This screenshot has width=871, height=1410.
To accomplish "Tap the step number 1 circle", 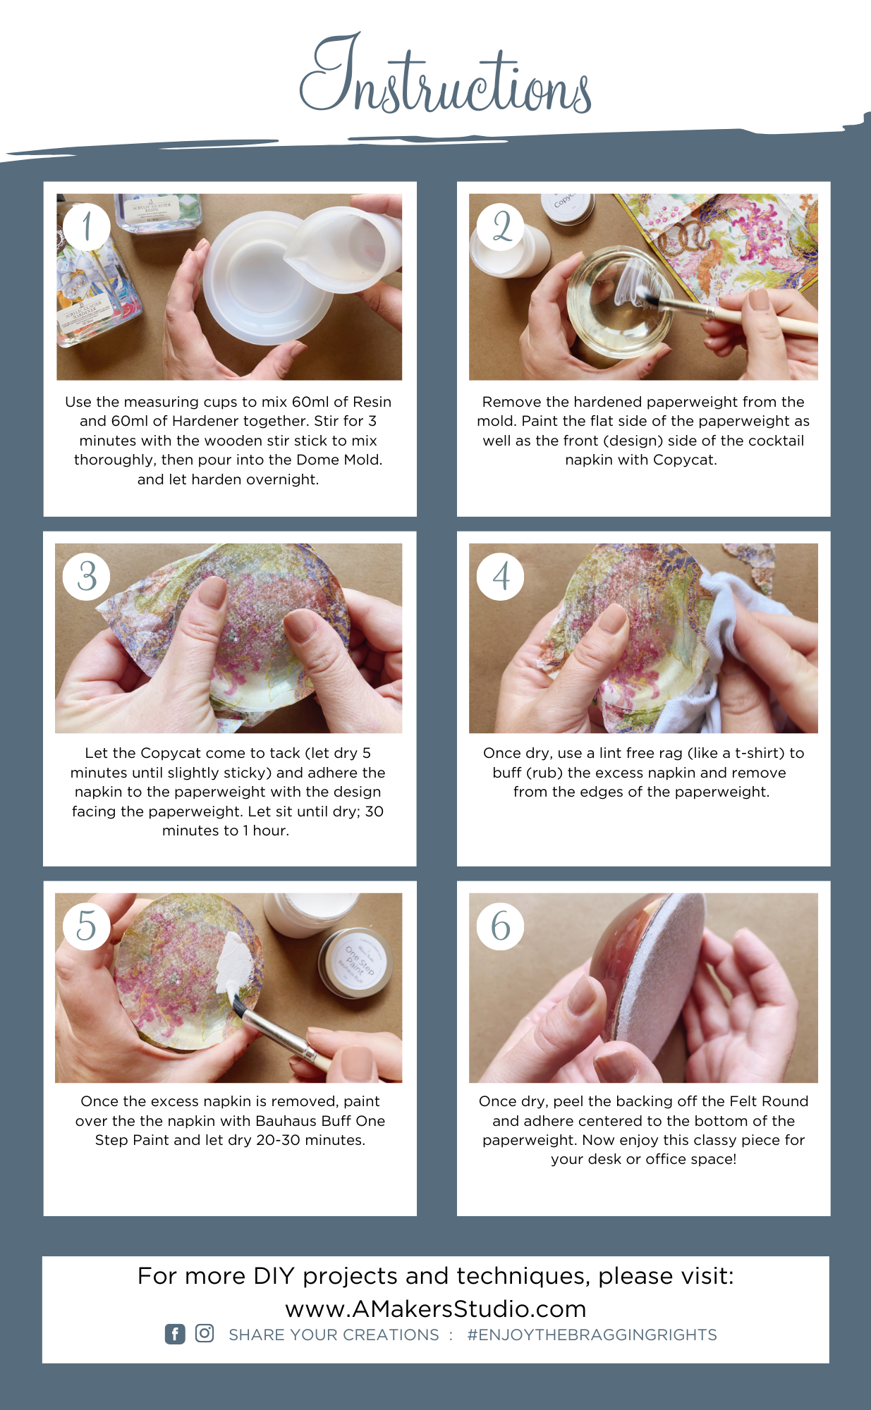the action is tap(87, 226).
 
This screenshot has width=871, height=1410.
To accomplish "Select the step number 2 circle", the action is tap(501, 226).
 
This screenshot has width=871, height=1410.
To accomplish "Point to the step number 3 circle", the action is tap(87, 576).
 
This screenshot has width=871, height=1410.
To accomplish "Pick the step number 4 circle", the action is tap(501, 576).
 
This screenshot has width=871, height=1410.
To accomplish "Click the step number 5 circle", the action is tap(87, 926).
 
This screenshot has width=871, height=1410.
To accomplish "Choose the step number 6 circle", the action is tap(501, 926).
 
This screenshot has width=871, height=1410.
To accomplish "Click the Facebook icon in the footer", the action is tap(175, 1334).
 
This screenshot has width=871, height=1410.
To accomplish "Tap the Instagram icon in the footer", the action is tap(205, 1333).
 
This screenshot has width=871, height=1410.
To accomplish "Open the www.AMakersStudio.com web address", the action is tap(436, 1308).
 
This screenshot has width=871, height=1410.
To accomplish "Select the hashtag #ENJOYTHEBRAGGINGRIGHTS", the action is tap(592, 1335).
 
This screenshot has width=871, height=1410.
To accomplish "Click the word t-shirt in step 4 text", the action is tap(757, 753).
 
